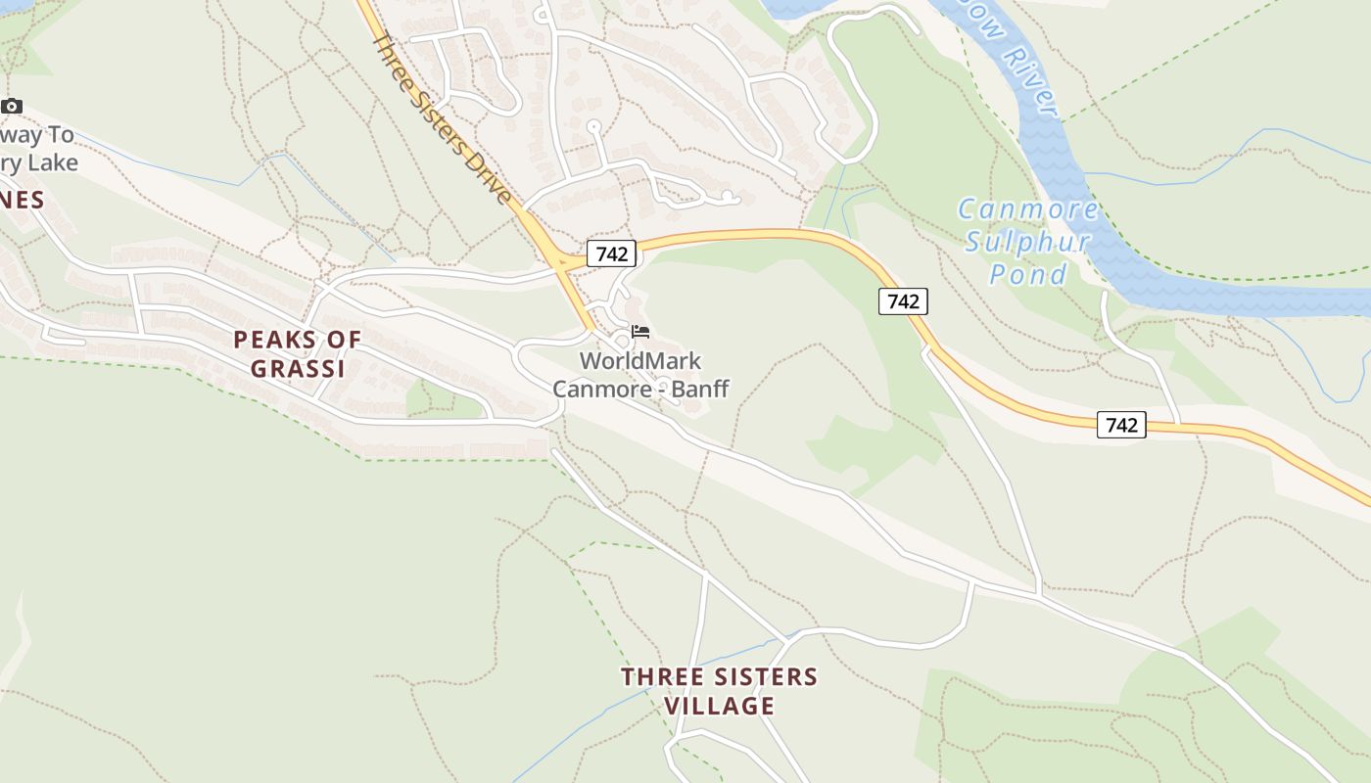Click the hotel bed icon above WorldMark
[640, 332]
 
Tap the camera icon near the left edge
[11, 106]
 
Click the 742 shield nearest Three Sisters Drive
[612, 253]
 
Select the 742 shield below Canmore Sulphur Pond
[902, 301]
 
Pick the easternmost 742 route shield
[1120, 425]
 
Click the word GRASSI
[298, 369]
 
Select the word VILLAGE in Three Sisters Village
[720, 706]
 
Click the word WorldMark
[640, 360]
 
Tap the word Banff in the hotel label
[700, 389]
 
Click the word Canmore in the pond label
[1027, 209]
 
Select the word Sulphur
[1027, 242]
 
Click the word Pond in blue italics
[1027, 275]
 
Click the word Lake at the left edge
[54, 162]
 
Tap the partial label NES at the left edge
[22, 201]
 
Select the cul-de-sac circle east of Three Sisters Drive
[592, 126]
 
